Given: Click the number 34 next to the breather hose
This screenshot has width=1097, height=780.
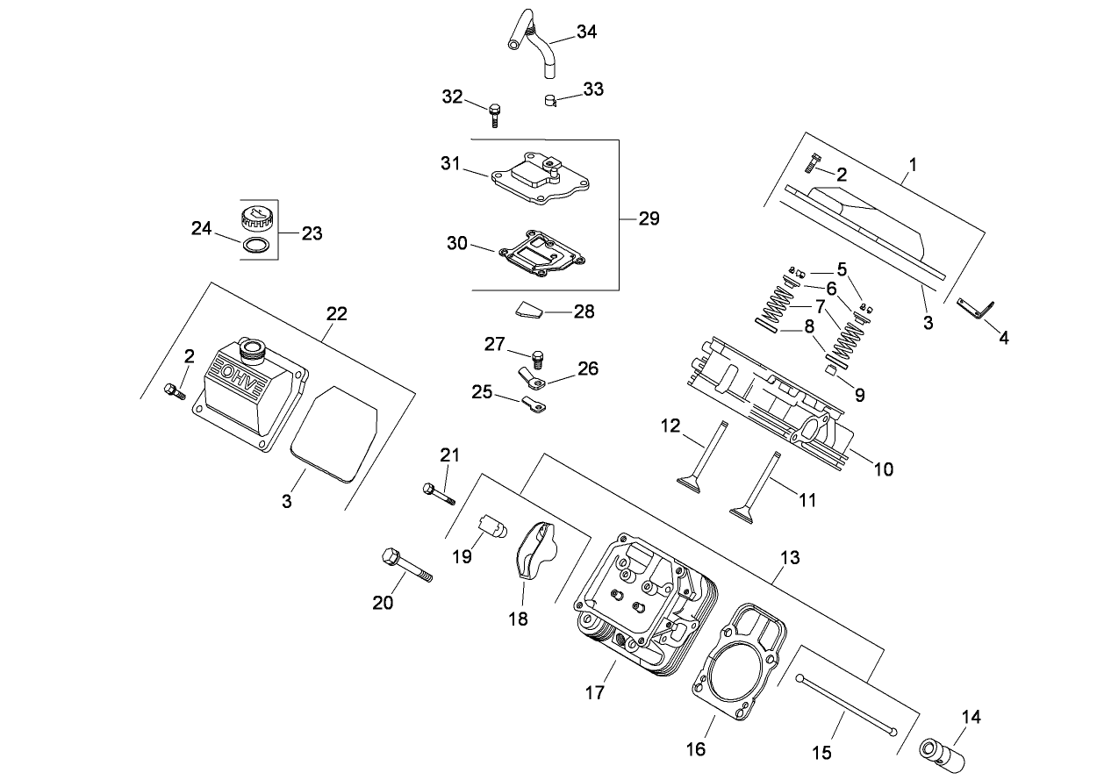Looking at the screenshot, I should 586,32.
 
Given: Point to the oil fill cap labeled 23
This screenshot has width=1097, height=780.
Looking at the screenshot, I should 257,218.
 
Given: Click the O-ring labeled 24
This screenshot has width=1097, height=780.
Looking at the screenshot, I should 255,247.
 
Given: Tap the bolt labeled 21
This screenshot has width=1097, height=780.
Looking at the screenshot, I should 438,493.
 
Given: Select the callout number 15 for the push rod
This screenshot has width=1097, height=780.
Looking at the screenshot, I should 821,753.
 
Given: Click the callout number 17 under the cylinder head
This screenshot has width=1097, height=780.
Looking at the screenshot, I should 594,693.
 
